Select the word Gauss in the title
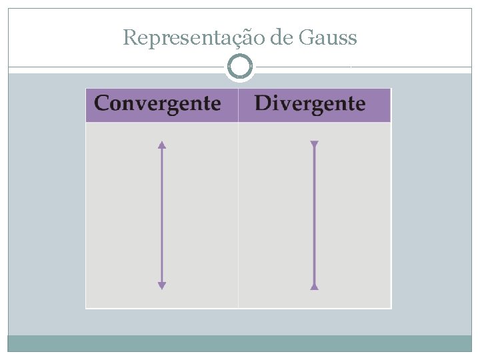(x=329, y=38)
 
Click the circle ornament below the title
(x=240, y=67)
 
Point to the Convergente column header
(x=158, y=104)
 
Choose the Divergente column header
(x=310, y=104)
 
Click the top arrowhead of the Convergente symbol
(x=161, y=144)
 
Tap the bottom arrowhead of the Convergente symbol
(x=161, y=285)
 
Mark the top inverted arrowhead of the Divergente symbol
(x=315, y=144)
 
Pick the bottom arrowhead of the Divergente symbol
(x=315, y=286)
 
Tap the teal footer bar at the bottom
(x=240, y=343)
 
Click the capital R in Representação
(x=129, y=38)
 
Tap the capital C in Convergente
(x=102, y=104)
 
